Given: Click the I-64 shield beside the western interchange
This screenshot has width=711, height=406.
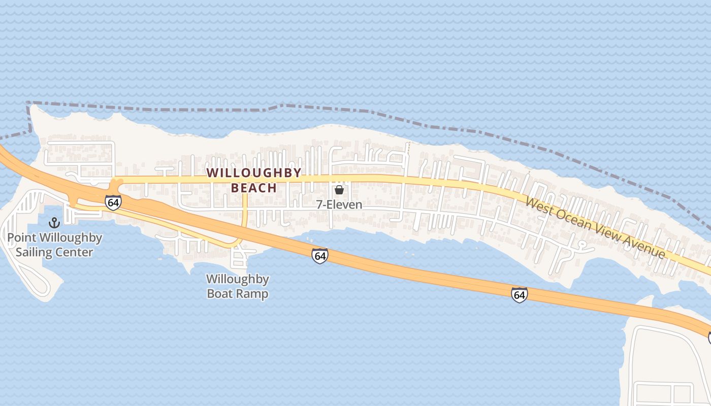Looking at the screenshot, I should pos(113,202).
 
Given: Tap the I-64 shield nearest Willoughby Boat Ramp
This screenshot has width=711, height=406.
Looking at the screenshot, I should pos(320,256).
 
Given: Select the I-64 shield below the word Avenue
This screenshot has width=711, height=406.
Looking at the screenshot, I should pos(519,294).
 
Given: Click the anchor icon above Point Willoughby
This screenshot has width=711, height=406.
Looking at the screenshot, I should pos(54,223).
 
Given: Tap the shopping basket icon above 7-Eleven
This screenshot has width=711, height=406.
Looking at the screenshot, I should pos(339,190).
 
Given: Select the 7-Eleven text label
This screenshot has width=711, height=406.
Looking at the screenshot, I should pos(339,205).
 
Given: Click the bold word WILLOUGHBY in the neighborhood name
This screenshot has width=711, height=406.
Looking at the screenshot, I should pos(254,173).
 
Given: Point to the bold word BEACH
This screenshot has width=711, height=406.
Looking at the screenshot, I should pos(254,188).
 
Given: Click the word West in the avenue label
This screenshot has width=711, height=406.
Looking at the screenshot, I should pos(539,206).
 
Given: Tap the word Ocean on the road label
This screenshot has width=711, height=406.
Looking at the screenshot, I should pos(571,219).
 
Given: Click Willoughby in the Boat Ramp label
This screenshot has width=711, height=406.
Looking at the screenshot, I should pos(237,279).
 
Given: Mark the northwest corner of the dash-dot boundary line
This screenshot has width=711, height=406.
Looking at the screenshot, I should pos(27,103).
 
